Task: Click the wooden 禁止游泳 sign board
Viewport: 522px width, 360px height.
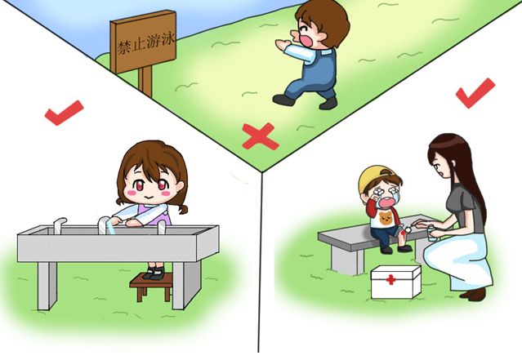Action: coord(144,41)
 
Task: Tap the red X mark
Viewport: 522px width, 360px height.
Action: coord(260,136)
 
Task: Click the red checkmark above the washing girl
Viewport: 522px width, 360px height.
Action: coord(64,113)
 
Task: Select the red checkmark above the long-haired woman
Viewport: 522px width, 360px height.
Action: coord(475,93)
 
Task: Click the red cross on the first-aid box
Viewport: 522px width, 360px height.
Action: coord(391,279)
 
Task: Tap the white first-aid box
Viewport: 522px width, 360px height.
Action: coord(396,282)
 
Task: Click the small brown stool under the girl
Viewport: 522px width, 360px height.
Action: coord(152,286)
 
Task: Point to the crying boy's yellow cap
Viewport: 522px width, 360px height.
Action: coord(374,176)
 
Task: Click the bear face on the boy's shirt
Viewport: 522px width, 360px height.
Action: coord(386,218)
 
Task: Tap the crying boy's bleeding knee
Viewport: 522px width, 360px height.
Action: coord(404,233)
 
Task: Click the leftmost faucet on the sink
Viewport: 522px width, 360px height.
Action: coord(59,225)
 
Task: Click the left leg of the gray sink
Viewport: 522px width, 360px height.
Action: coord(47,286)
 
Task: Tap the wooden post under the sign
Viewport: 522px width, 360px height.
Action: coord(145,81)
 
